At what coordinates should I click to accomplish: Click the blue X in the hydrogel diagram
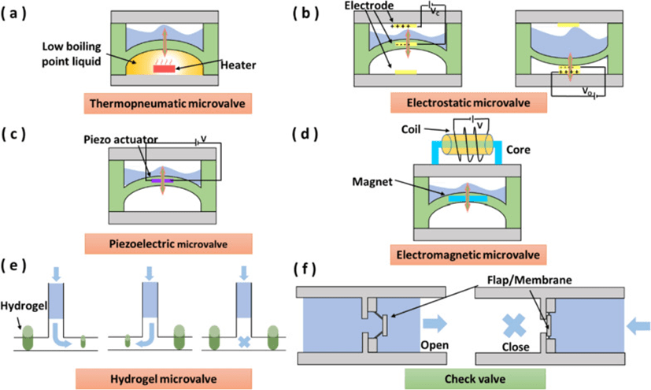coord(244,343)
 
